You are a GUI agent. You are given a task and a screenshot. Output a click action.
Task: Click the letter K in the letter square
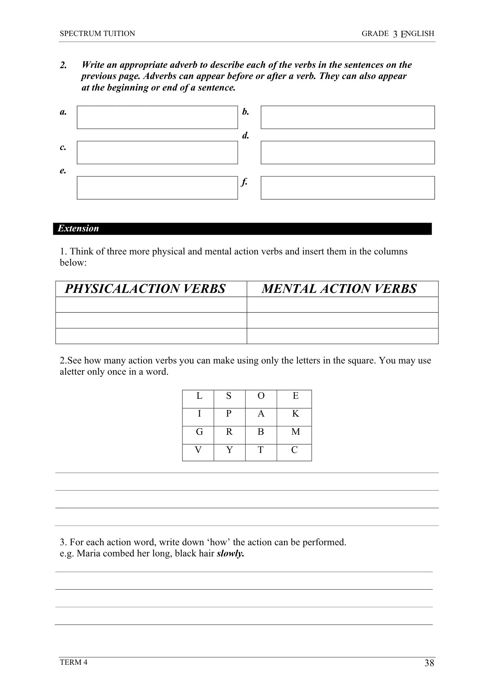click(296, 414)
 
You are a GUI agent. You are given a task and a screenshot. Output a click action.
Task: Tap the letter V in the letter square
click(198, 450)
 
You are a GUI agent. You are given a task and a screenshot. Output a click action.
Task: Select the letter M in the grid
click(296, 432)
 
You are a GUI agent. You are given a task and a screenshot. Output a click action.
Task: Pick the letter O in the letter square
click(261, 396)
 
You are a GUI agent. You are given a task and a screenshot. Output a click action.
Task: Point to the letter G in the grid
click(199, 432)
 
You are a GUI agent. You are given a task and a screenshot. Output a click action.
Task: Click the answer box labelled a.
click(157, 117)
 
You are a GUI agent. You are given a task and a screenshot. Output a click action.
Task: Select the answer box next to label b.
click(348, 117)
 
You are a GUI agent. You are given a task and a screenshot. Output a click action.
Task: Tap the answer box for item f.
click(348, 188)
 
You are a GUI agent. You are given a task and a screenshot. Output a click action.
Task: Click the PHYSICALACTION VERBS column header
click(145, 289)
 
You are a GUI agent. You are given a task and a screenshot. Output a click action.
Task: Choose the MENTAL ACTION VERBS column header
click(339, 289)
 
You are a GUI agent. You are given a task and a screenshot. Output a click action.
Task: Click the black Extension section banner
click(242, 229)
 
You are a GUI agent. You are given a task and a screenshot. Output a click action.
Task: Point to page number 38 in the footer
click(429, 663)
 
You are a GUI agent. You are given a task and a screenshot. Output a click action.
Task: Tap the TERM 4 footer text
click(74, 662)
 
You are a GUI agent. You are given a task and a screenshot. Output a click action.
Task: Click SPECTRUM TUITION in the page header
click(97, 34)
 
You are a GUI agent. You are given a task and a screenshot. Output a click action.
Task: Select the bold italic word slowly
click(230, 554)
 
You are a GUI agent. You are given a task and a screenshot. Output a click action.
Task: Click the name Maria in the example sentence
click(86, 554)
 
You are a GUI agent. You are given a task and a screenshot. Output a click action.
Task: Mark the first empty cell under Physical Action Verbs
click(151, 305)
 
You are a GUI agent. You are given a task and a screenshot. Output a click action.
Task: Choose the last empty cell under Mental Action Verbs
click(342, 336)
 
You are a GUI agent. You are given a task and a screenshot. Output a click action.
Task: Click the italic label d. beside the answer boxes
click(246, 136)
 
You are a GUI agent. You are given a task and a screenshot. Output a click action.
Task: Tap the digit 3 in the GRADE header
click(395, 34)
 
